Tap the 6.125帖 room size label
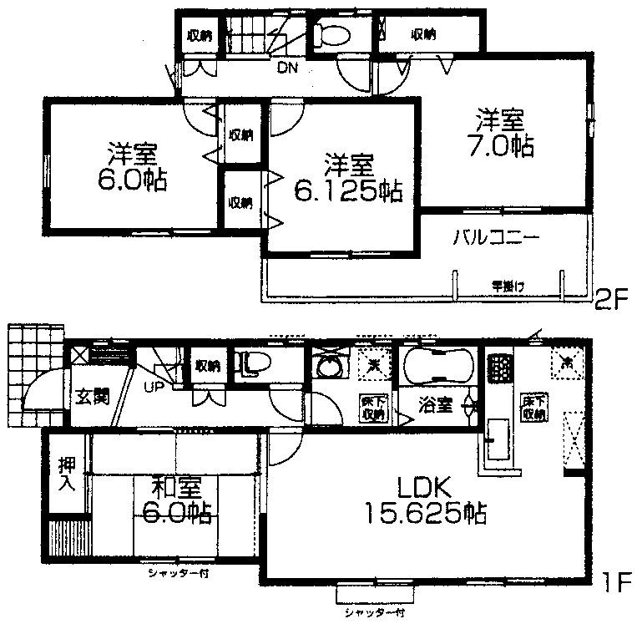(x=348, y=191)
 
